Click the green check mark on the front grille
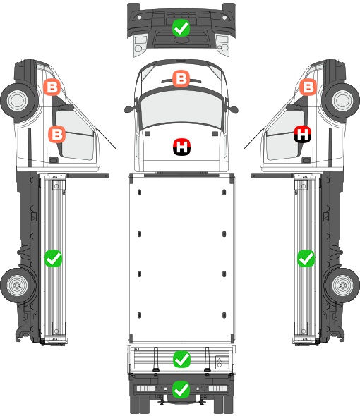pos(181,27)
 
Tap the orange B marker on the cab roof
pos(181,78)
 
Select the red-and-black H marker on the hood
pos(181,147)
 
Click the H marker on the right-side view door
pos(302,134)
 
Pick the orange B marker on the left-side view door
pos(57,134)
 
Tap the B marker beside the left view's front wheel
pos(52,87)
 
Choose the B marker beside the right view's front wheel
pos(308,87)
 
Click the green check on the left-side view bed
pos(53,258)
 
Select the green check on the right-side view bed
pos(306,258)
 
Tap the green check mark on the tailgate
pos(181,359)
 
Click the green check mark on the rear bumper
pos(181,389)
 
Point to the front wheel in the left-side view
pos(18,101)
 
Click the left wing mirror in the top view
pos(129,109)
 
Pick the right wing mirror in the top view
pos(233,109)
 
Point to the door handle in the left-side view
pos(54,160)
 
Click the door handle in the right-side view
pos(306,160)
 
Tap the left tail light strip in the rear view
pos(145,389)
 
